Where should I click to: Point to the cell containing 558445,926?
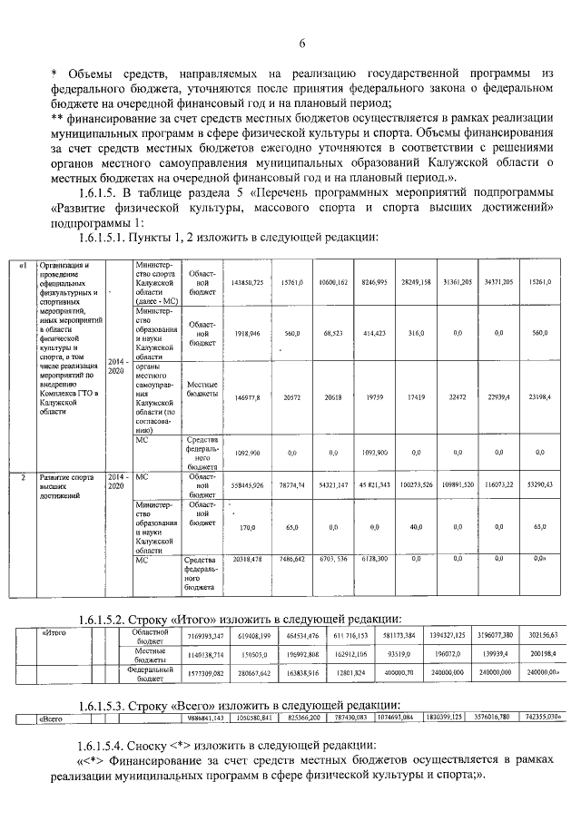click(x=247, y=485)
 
